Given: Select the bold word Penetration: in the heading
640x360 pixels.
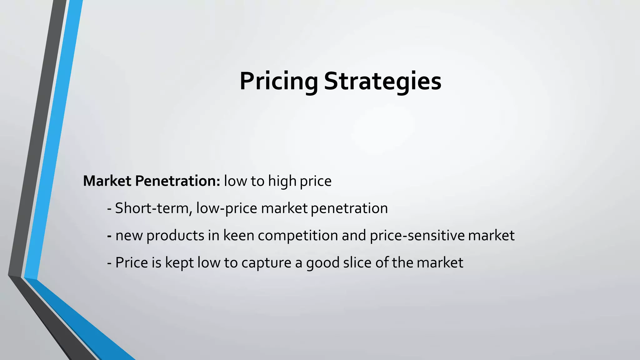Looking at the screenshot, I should tap(178, 181).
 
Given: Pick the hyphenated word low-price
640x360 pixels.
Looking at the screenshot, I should tap(227, 208).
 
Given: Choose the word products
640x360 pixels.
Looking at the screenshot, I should tap(175, 236).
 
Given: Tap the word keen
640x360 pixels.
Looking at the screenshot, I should tap(238, 235).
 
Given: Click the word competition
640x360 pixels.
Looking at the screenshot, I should tap(298, 236).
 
